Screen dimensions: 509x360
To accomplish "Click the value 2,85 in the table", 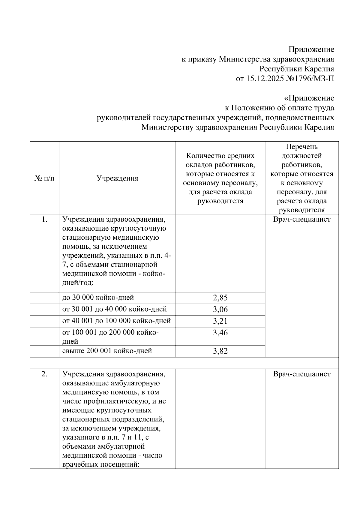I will click(x=220, y=298).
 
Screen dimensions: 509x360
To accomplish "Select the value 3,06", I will click(x=220, y=309).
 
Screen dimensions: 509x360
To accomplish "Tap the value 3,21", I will click(x=220, y=321).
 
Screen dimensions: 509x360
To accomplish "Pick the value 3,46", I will click(x=220, y=333).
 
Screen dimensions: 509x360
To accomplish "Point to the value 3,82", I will click(x=220, y=351).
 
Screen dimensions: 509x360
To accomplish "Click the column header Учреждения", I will click(x=117, y=178).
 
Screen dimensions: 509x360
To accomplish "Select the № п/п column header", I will click(x=44, y=178).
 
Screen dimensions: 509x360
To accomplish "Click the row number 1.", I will click(x=44, y=220).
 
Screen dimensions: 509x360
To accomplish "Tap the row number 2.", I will click(x=44, y=374).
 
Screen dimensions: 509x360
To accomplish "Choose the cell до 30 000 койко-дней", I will click(x=98, y=298).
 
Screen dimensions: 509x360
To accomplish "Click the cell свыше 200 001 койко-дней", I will click(x=107, y=351).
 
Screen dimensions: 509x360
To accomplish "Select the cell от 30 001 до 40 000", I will click(x=114, y=309).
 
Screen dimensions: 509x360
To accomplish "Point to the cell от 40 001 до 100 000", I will click(x=116, y=321).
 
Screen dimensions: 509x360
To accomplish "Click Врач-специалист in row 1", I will click(x=301, y=220).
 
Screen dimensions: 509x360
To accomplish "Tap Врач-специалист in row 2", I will click(x=301, y=374).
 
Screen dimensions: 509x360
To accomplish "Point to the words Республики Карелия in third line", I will click(x=296, y=69).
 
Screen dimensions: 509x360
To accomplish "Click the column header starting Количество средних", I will click(x=220, y=178).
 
